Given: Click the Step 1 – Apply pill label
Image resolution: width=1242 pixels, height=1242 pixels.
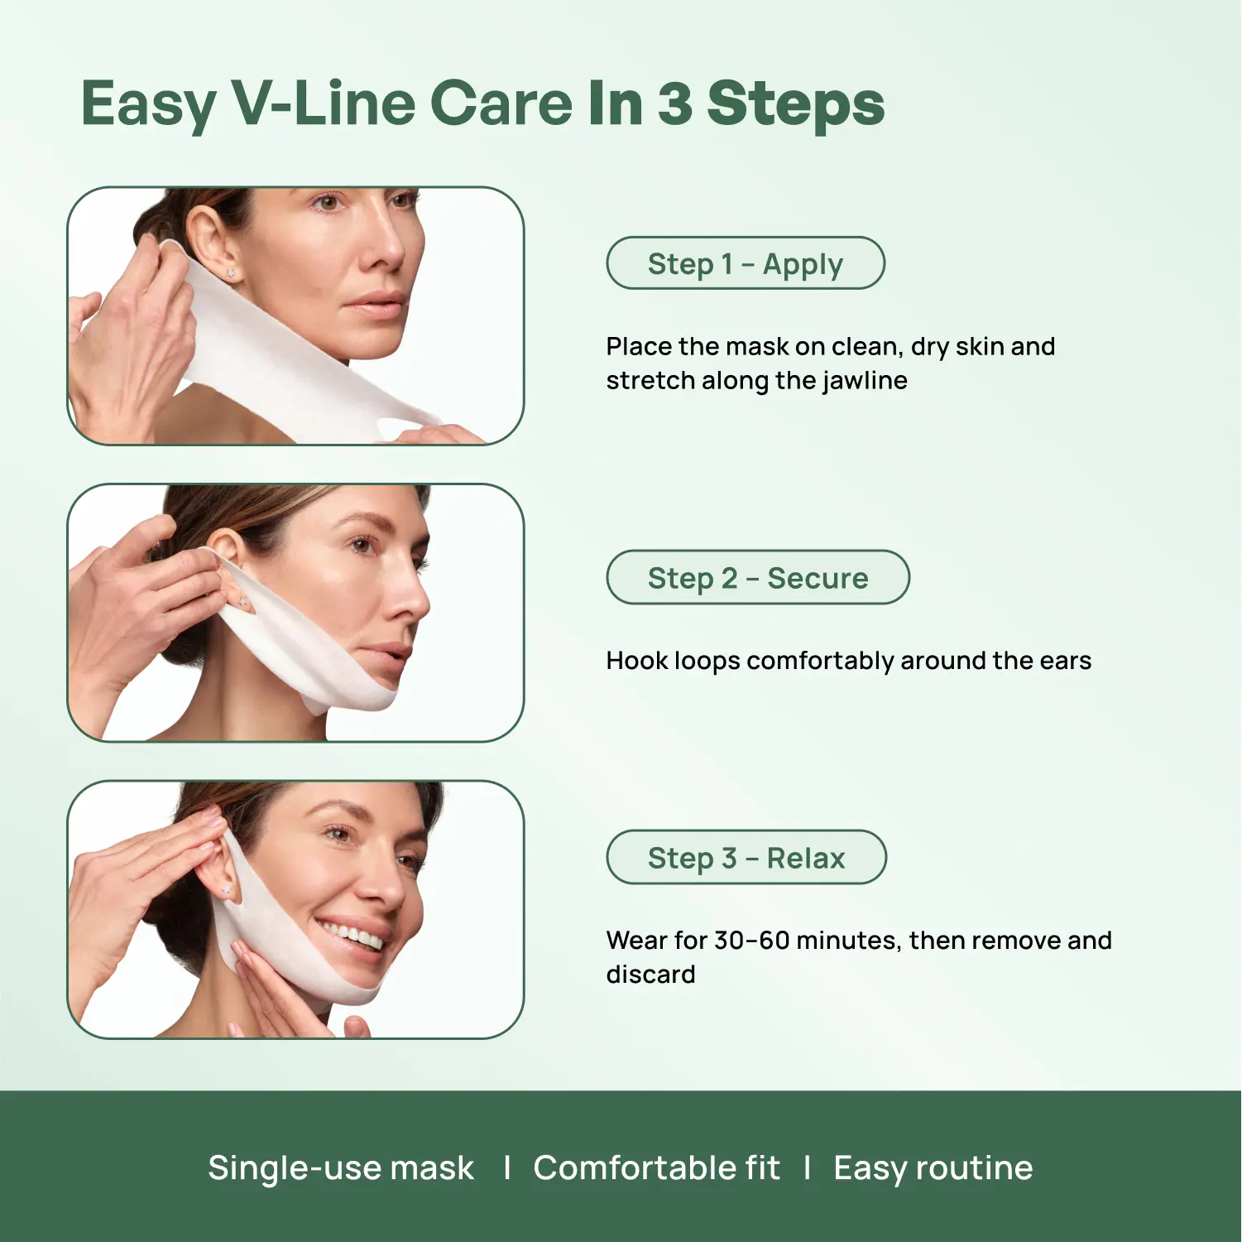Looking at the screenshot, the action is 746,263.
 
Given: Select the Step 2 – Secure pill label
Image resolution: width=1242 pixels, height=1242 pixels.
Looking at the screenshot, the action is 758,577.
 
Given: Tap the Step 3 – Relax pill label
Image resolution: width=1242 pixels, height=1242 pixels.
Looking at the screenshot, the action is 746,857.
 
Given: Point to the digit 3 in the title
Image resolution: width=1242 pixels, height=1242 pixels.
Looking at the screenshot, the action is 675,103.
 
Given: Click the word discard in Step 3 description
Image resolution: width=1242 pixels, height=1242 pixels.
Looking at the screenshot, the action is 650,975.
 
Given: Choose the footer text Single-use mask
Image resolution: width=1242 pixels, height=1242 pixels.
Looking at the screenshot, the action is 341,1168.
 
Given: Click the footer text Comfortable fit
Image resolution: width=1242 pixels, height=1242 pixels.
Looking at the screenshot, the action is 656,1168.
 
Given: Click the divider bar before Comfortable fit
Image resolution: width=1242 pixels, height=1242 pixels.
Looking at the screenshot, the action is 506,1168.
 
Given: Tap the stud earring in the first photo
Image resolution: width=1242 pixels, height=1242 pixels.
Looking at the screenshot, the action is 230,272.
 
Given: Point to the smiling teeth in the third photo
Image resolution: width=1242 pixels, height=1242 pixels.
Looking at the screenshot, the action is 353,936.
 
